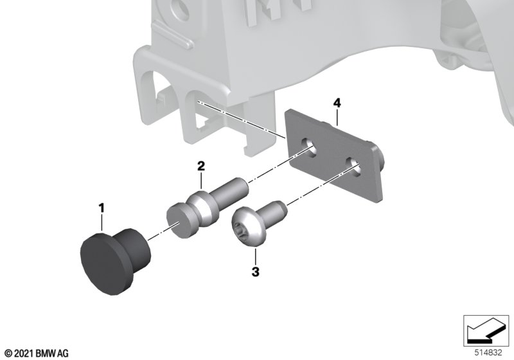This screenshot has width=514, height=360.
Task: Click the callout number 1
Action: tap(102, 208)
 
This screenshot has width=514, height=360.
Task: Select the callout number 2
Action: tap(201, 166)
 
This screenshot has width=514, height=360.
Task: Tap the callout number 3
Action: tap(255, 272)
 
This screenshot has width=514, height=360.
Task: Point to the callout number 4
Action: tap(337, 103)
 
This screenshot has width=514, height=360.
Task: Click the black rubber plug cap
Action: tap(115, 261)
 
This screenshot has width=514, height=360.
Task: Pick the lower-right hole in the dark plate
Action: tap(354, 166)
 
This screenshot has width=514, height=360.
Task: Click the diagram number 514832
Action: tap(488, 352)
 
